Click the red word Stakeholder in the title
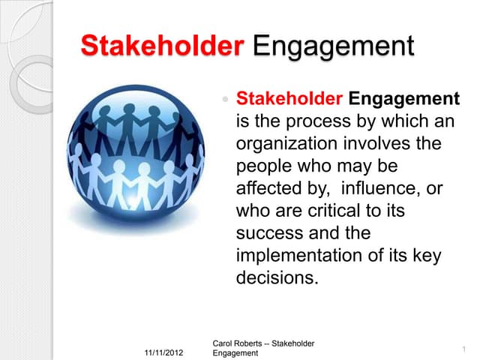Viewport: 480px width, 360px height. click(x=162, y=45)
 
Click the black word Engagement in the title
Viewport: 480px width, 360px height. click(x=333, y=46)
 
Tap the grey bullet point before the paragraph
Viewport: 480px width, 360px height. click(x=225, y=99)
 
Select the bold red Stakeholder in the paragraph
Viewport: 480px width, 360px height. click(x=289, y=98)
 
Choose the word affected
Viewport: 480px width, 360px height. click(x=269, y=188)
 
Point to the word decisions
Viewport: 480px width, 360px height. click(x=275, y=277)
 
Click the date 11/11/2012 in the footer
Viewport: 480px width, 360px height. click(x=163, y=352)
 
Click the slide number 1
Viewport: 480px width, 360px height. click(x=464, y=349)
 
